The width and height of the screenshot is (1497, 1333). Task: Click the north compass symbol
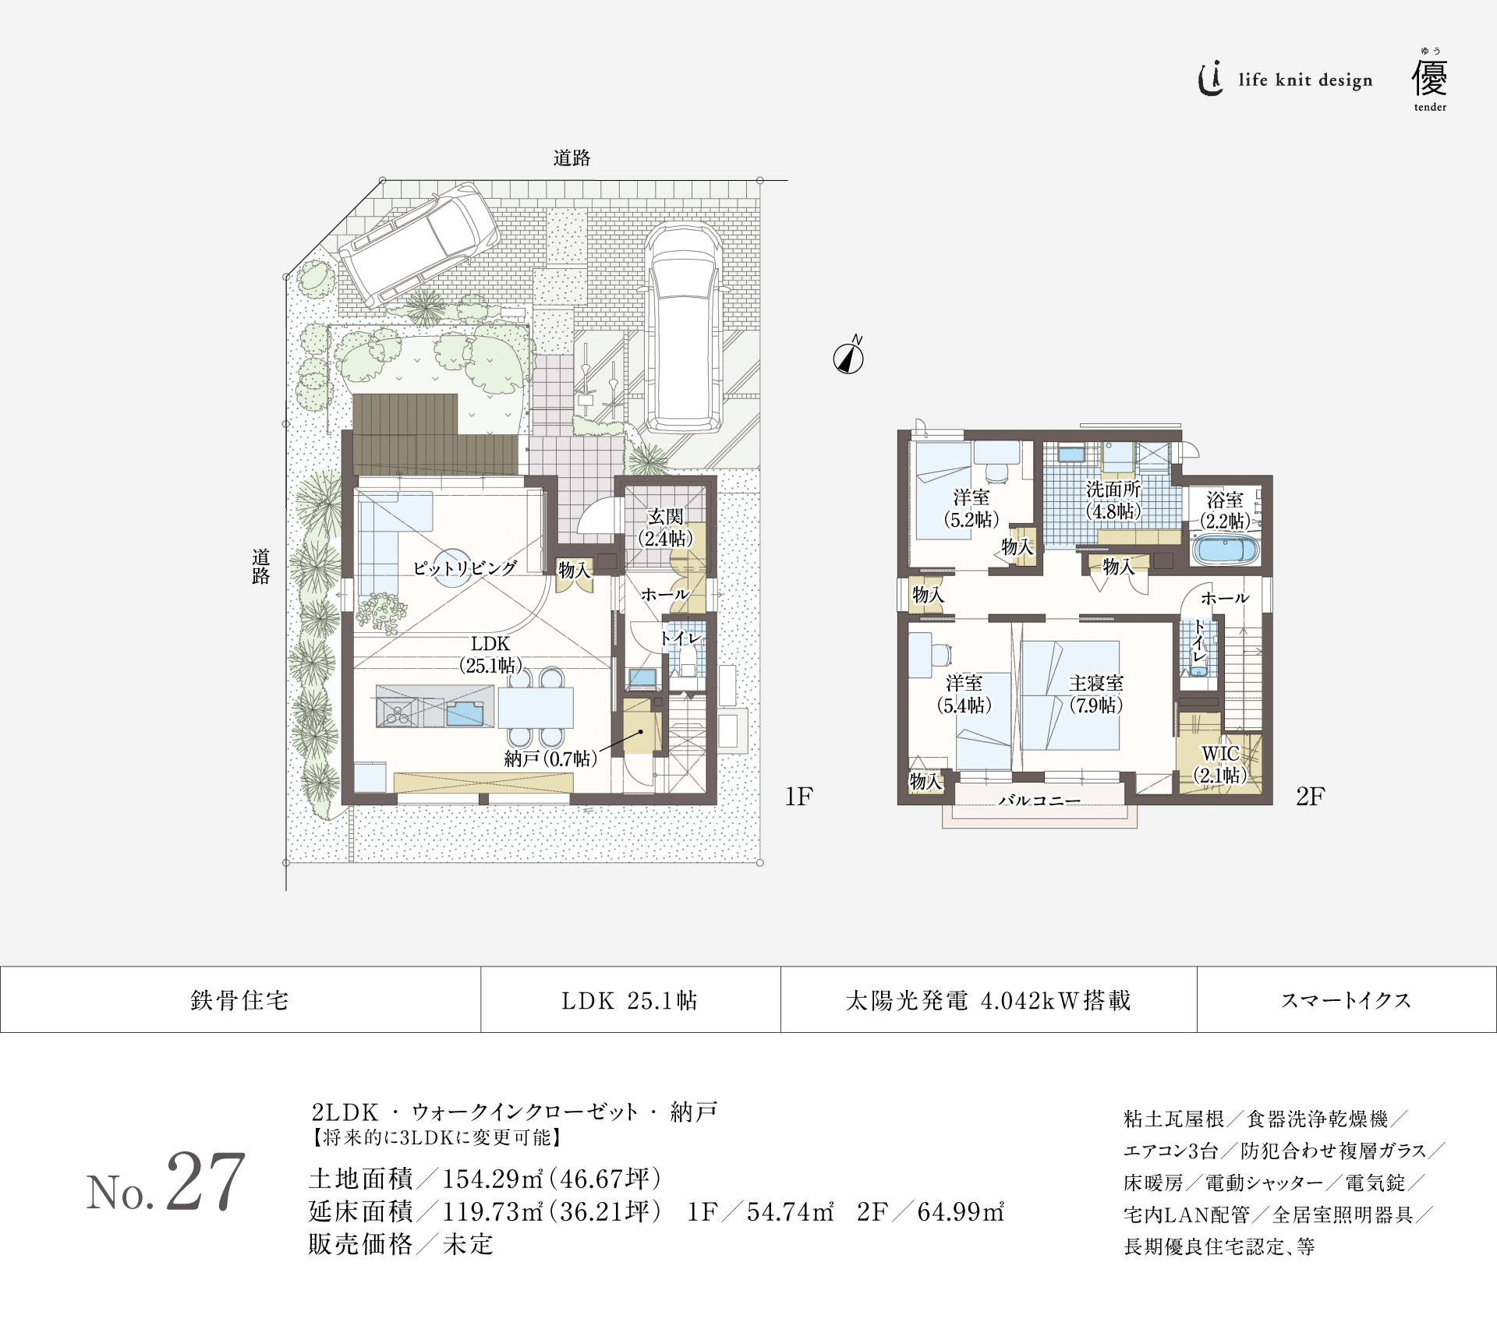point(848,358)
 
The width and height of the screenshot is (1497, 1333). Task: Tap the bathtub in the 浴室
point(1226,550)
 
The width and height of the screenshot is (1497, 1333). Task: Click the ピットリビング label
point(465,567)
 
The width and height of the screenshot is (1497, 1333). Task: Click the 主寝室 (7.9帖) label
point(1095,694)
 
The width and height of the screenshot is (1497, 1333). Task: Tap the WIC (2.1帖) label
point(1220,764)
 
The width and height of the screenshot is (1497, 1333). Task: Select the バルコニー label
point(1039,801)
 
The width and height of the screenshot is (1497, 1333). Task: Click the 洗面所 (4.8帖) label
point(1113,500)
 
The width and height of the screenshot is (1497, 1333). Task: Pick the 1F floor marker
point(798,796)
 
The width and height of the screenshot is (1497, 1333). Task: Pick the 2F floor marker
point(1310,796)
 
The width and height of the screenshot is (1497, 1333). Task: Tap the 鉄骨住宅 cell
point(239,1000)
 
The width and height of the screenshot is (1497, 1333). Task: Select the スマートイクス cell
point(1346,1000)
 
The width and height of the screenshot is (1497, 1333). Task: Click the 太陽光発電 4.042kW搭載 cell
point(988,1000)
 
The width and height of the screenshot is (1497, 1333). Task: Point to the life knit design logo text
point(1304,80)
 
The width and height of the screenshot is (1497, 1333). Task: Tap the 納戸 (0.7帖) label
point(550,758)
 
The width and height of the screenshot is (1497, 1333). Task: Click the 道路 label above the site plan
point(572,158)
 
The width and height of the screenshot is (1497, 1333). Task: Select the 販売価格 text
point(359,1244)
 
